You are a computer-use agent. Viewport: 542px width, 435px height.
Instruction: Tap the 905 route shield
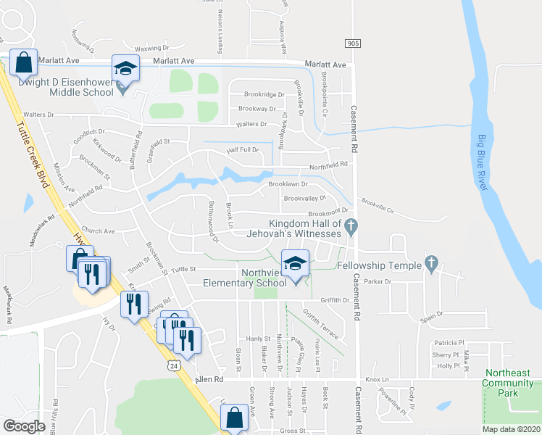tap(352, 44)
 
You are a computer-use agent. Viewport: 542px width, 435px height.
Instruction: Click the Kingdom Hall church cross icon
tap(351, 226)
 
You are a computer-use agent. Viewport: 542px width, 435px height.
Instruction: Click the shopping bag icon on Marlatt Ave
tap(23, 63)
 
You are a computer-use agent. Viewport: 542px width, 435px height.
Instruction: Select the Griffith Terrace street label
tap(320, 323)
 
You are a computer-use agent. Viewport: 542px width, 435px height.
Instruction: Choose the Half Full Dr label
tap(243, 149)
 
